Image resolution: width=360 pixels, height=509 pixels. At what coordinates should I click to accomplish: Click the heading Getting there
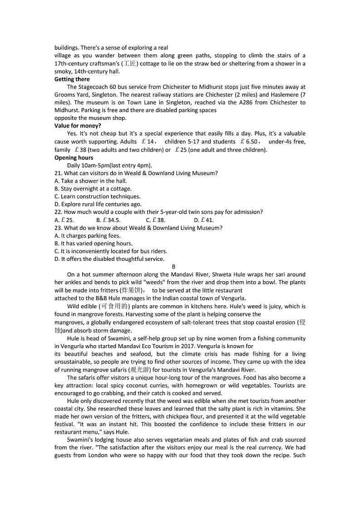(72, 79)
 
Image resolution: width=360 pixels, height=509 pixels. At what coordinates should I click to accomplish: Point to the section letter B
(174, 267)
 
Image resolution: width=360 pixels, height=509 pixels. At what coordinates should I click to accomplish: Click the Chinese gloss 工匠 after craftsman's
(130, 64)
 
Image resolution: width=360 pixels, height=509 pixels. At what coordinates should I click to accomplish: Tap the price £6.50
(249, 142)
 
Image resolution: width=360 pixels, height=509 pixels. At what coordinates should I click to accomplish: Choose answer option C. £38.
(156, 220)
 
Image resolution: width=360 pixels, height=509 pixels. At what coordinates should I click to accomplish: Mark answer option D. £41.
(204, 220)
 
